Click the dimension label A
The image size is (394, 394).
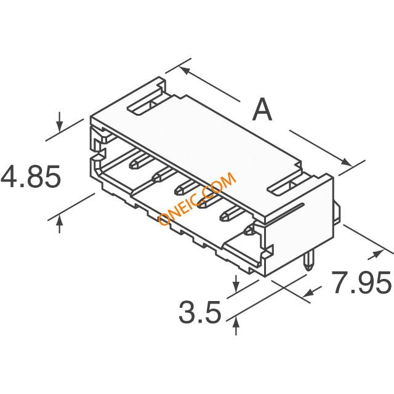(x=262, y=110)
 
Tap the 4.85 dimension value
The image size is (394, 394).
(x=31, y=177)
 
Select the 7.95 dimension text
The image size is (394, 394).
(x=361, y=282)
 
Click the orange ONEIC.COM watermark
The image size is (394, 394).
(x=198, y=198)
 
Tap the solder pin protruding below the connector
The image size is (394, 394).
(x=308, y=262)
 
